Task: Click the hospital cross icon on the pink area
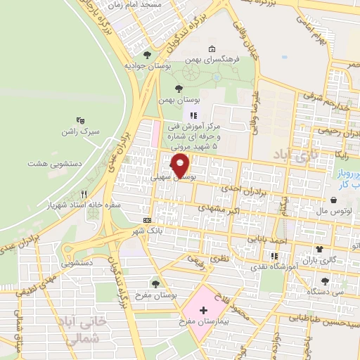point(203,310)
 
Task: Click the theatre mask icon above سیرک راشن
point(80,120)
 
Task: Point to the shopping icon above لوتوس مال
point(333,200)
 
